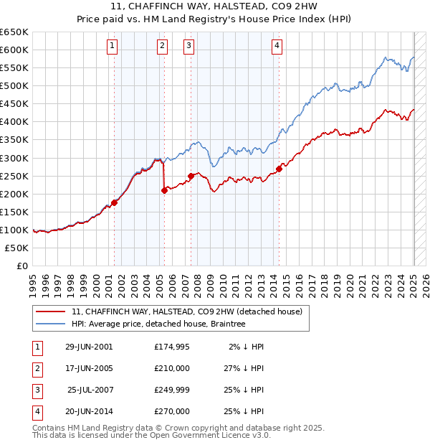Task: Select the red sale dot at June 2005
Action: [x=165, y=190]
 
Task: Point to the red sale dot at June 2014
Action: [x=279, y=169]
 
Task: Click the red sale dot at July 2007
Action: [x=191, y=176]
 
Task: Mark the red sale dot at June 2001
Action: [x=115, y=202]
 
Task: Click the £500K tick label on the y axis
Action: [x=14, y=86]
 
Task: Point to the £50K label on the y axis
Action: [x=17, y=248]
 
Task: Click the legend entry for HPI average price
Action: [x=158, y=324]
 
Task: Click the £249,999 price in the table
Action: [x=172, y=390]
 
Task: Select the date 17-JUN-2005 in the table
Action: [x=89, y=368]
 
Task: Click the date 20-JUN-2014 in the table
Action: [x=89, y=411]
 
